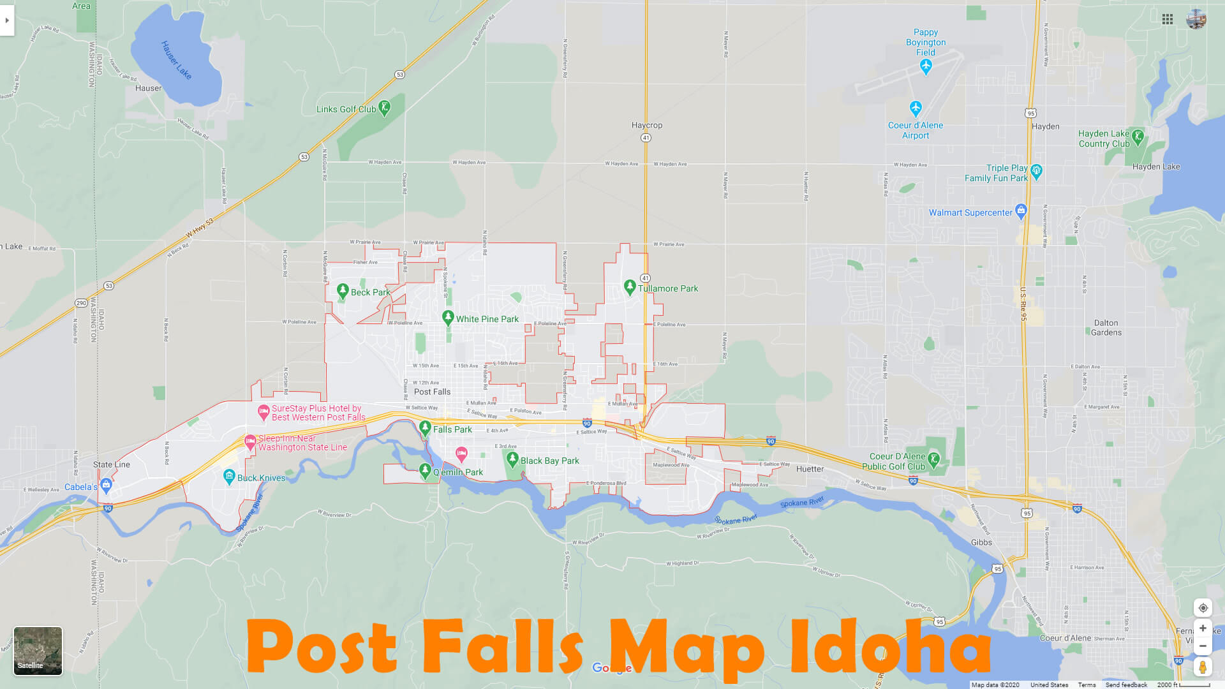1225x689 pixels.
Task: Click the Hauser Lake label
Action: click(x=176, y=60)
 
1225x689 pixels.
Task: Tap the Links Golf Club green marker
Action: click(x=384, y=108)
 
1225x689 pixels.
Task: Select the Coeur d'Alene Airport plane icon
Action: click(x=916, y=107)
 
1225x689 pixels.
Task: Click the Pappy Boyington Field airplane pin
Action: click(x=926, y=65)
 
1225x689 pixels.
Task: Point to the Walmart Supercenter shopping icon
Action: click(x=1021, y=210)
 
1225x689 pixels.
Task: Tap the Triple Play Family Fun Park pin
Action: click(x=1036, y=170)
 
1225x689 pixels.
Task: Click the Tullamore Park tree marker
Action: click(x=630, y=287)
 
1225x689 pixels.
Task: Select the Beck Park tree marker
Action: click(x=343, y=291)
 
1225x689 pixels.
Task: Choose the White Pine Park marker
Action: click(x=448, y=318)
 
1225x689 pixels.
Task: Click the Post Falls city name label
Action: click(x=432, y=392)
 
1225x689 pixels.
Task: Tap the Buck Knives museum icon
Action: click(x=229, y=476)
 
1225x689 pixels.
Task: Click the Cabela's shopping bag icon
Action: click(x=107, y=485)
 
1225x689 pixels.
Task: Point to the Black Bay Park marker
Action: click(x=512, y=459)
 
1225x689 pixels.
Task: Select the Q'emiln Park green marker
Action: click(x=425, y=471)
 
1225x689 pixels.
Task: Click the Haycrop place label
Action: click(x=647, y=125)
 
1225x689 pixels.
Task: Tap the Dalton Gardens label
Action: click(x=1106, y=327)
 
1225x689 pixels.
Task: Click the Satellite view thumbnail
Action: click(x=38, y=651)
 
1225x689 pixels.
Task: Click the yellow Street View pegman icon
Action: click(x=1202, y=667)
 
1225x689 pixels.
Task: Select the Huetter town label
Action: click(x=810, y=469)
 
